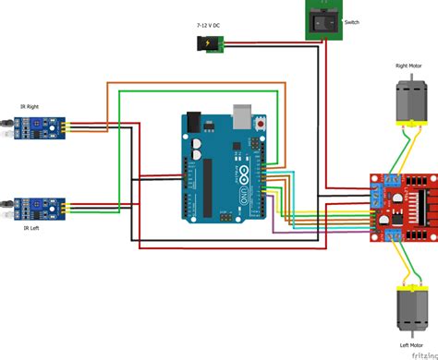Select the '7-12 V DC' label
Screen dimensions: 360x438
pyautogui.click(x=207, y=25)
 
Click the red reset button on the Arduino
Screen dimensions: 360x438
pyautogui.click(x=263, y=122)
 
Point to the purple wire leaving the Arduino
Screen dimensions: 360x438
pyautogui.click(x=305, y=227)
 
